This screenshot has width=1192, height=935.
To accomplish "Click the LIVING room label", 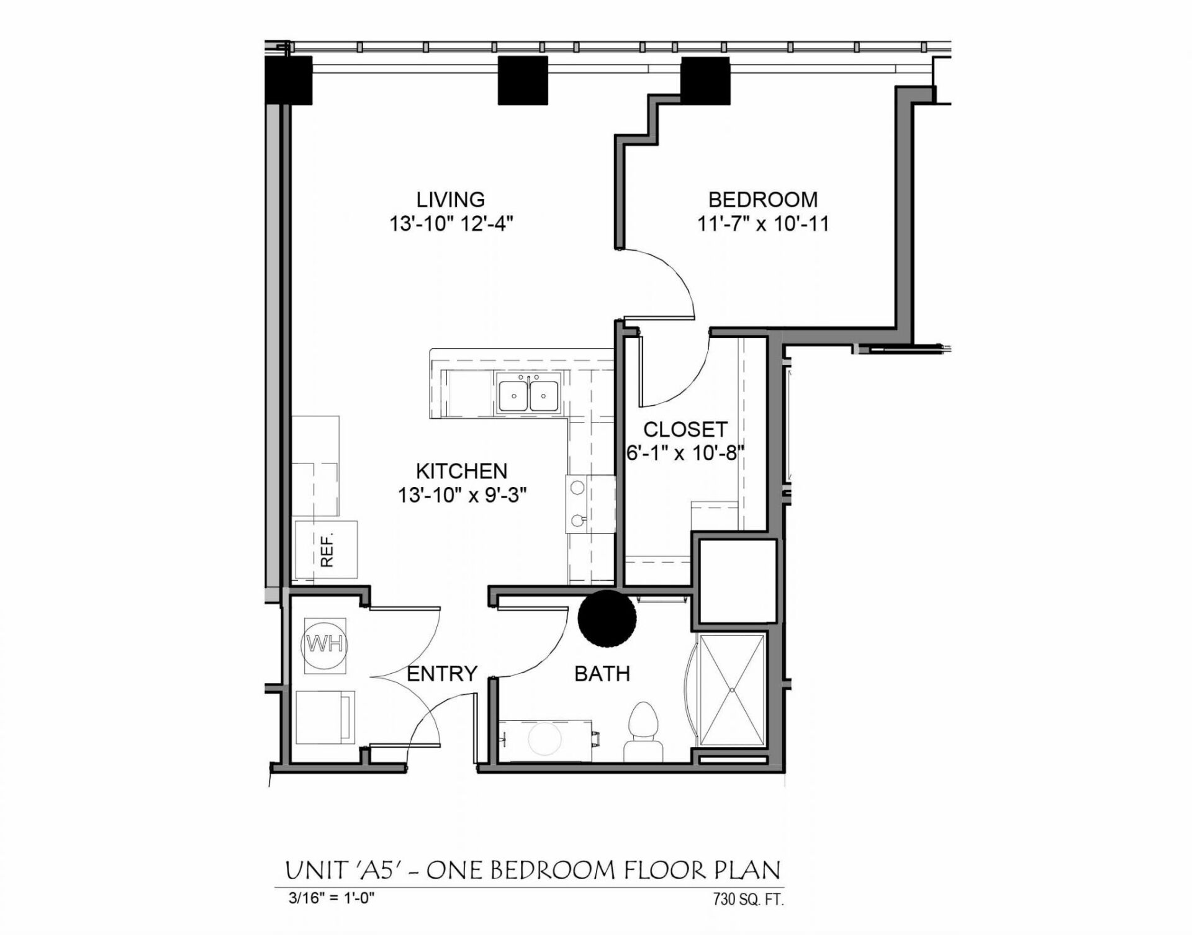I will [450, 200].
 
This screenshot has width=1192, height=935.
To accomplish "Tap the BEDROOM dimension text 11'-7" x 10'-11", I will [763, 223].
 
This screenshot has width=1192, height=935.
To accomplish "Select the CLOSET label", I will [685, 429].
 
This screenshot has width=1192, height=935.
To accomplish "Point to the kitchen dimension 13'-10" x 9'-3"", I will [462, 495].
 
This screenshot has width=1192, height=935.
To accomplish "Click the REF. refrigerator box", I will [326, 550].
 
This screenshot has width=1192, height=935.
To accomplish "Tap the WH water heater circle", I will [325, 645].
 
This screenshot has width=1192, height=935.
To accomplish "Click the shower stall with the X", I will [731, 689].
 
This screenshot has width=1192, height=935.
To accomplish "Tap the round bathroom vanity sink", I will [544, 738].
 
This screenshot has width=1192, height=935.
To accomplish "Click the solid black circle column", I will [607, 618].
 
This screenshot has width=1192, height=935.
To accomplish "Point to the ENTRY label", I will [441, 673].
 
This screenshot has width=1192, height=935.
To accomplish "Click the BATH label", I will [602, 674].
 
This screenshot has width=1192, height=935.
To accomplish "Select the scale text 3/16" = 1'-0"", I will [331, 898].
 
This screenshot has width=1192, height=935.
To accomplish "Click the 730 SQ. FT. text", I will [748, 899].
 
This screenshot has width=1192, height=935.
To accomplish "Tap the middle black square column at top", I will [523, 80].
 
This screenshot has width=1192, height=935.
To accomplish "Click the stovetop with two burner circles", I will [578, 504].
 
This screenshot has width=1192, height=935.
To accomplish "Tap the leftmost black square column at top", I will [289, 80].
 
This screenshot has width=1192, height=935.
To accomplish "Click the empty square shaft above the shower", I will [738, 581].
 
